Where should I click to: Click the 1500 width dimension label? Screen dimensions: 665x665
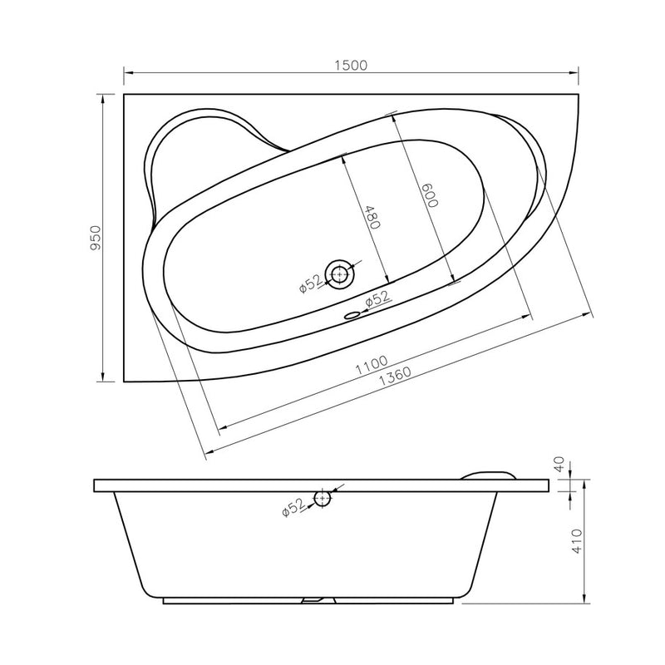(x=350, y=66)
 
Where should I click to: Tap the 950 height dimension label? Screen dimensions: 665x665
(x=96, y=238)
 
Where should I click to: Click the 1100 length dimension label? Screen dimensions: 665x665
(x=372, y=365)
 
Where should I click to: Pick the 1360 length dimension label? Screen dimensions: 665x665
(x=395, y=377)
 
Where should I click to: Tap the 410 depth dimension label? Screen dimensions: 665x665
(x=577, y=541)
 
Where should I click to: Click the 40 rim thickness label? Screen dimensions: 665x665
(x=559, y=464)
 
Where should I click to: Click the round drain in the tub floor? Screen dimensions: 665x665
(x=339, y=274)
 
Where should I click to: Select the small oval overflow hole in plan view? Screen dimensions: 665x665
(x=352, y=315)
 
